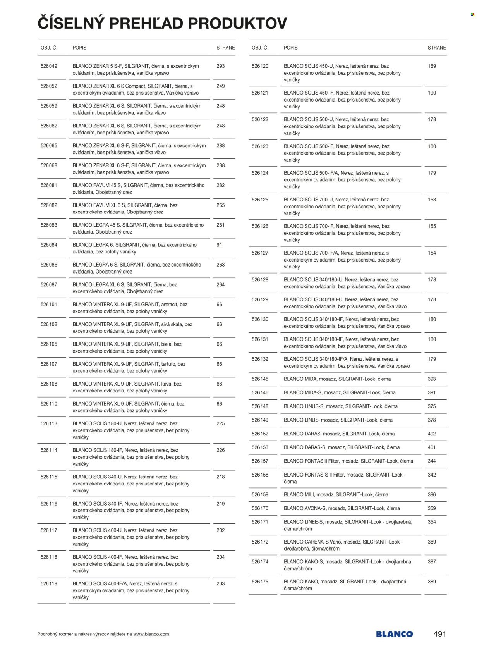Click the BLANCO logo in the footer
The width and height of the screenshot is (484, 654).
[x=394, y=634]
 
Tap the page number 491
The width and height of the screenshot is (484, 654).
[x=439, y=634]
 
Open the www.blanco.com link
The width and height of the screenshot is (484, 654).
[x=151, y=634]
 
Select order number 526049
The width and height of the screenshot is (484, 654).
[x=49, y=66]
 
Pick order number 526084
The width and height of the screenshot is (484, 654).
[x=49, y=245]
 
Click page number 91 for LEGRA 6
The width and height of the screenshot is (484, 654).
[x=219, y=245]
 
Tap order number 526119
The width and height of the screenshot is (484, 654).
[x=49, y=583]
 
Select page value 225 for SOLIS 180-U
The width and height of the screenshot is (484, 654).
[x=220, y=423]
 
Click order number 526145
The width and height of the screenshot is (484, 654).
[x=260, y=379]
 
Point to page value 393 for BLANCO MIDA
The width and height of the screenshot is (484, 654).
[x=432, y=379]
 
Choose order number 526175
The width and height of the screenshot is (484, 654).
[x=260, y=582]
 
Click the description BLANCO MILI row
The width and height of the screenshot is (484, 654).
[x=336, y=494]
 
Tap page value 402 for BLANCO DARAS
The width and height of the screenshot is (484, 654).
[x=432, y=434]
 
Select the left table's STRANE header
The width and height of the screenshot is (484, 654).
[x=225, y=48]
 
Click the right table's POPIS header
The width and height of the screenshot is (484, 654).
[x=290, y=48]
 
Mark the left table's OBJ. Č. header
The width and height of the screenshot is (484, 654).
[x=49, y=48]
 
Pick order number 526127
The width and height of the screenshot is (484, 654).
[x=260, y=253]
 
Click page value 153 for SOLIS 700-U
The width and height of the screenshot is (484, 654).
[x=432, y=200]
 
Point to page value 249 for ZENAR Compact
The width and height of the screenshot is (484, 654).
[x=220, y=86]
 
